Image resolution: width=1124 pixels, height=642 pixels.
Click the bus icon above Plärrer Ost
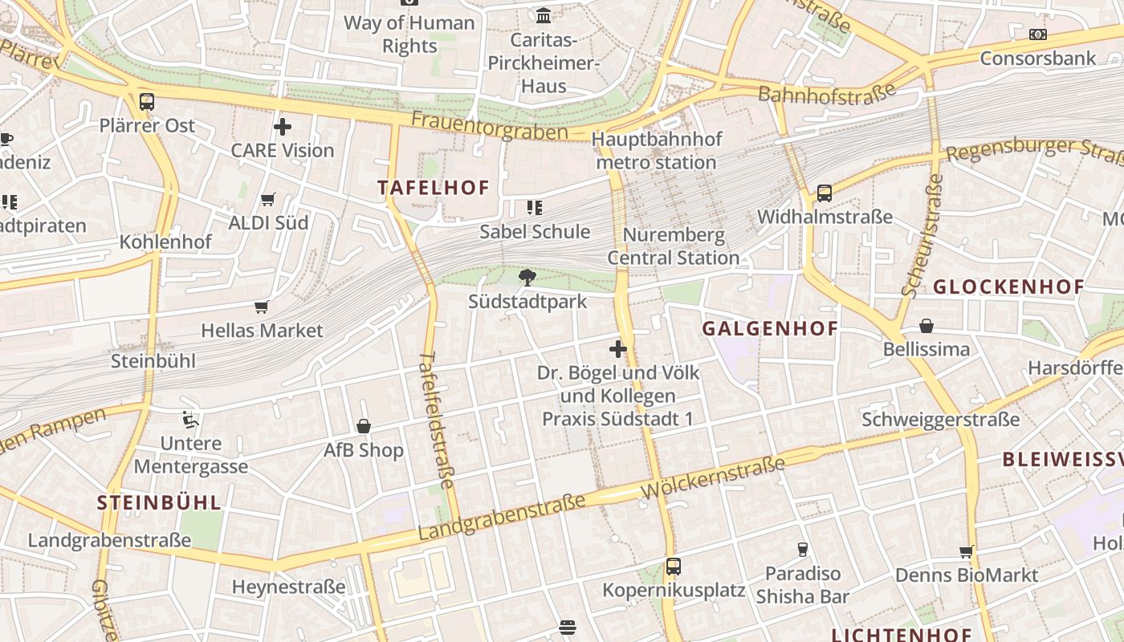coord(146,102)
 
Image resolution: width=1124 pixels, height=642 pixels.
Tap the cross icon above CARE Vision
coord(283,127)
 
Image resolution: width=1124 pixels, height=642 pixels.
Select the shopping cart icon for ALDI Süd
coord(268,199)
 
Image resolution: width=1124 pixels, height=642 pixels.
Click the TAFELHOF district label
coord(434,188)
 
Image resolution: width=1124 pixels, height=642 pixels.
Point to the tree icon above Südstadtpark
coord(527,278)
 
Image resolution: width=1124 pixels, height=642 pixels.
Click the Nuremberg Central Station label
coord(673,246)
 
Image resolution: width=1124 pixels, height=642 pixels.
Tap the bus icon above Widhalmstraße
coord(825,193)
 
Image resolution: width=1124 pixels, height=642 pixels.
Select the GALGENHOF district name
coord(770,328)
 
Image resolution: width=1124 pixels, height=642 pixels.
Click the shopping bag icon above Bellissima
coord(926,326)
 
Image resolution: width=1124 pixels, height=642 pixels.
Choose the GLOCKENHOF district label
coord(1008,286)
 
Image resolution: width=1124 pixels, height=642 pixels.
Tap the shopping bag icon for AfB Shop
coord(364,426)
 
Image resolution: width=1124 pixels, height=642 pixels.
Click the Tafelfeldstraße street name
coord(438,420)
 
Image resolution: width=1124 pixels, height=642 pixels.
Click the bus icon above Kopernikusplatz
coord(674,567)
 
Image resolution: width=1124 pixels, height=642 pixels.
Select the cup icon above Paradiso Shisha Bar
coord(802,550)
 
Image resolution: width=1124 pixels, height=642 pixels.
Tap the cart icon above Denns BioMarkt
coord(967,552)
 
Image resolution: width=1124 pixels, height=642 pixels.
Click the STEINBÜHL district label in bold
coord(159,503)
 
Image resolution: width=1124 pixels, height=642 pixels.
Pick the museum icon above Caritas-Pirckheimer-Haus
coord(544,15)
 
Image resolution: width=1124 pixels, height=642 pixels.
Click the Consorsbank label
coord(1038,58)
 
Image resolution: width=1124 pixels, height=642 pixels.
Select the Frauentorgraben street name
coord(490,125)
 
